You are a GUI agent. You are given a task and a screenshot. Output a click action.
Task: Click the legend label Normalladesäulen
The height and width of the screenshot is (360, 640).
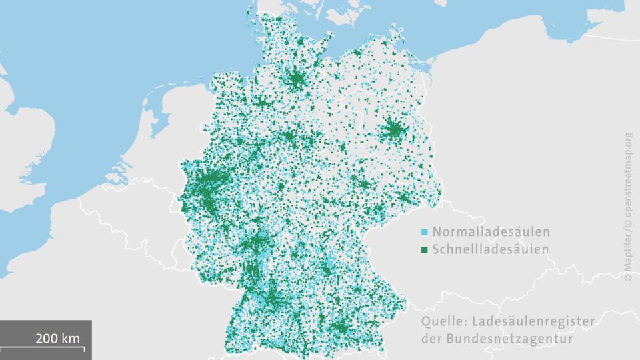click(491, 233)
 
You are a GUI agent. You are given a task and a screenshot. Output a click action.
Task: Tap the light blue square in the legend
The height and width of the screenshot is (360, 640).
click(425, 233)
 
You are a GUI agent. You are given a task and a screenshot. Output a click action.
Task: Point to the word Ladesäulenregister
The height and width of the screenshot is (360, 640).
click(531, 322)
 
